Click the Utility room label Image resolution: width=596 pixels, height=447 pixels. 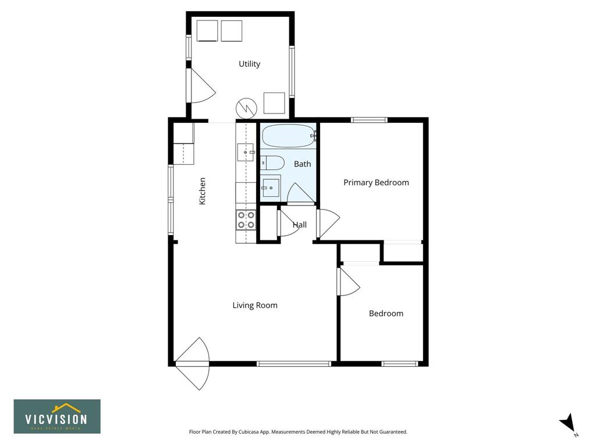click(x=249, y=64)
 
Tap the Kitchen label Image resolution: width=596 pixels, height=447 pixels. click(x=202, y=191)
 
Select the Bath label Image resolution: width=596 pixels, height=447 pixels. click(x=303, y=164)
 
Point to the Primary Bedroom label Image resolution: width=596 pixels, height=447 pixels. click(x=377, y=182)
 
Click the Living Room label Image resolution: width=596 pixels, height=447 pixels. click(x=255, y=305)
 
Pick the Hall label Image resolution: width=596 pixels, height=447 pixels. click(x=300, y=225)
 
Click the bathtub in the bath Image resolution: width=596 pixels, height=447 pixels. click(x=289, y=136)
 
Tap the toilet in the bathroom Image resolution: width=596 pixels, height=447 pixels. click(x=272, y=163)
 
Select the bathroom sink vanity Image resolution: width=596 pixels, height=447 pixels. click(x=271, y=186)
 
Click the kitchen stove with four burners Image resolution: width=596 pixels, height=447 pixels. click(x=246, y=220)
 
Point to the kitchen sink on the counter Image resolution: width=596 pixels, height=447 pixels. click(x=246, y=152)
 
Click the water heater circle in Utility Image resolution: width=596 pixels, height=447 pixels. click(x=247, y=109)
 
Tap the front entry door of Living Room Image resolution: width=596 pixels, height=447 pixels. click(x=193, y=363)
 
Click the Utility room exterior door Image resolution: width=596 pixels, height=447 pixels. click(x=201, y=86)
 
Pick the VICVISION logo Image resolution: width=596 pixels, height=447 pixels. click(x=57, y=416)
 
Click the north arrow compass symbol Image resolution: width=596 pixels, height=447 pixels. click(x=568, y=424)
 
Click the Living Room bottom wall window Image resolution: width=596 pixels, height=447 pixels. click(x=294, y=364)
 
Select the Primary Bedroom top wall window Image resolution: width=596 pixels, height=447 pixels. click(x=369, y=120)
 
